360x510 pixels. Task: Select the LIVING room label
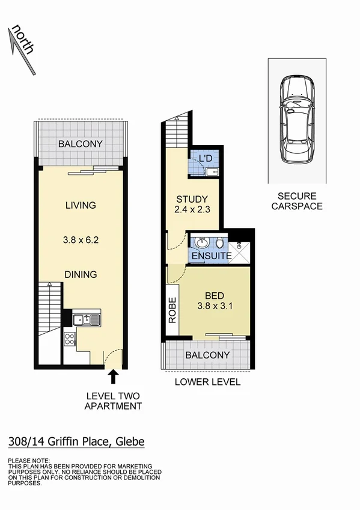click(81, 205)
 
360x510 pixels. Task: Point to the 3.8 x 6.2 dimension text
click(81, 239)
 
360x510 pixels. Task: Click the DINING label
click(81, 274)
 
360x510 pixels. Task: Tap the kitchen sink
click(87, 319)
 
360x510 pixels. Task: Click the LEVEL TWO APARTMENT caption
click(113, 401)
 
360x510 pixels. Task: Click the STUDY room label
click(192, 199)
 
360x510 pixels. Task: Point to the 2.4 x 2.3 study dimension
click(192, 210)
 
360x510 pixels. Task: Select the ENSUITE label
click(212, 256)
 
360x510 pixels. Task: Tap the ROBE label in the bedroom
click(172, 310)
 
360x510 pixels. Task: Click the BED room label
click(215, 296)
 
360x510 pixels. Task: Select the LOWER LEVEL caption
click(207, 382)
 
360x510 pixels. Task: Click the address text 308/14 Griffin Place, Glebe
click(76, 443)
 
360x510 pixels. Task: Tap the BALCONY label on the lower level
click(207, 355)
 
